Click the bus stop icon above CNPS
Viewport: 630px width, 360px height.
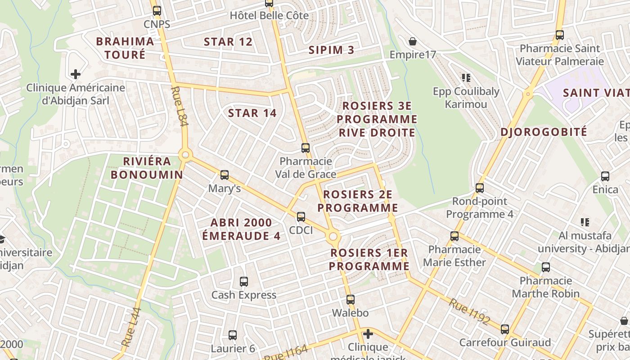point(157,11)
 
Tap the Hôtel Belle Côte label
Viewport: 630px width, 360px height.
point(269,16)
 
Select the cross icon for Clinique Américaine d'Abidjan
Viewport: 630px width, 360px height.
point(76,74)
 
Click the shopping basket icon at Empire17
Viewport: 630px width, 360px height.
point(413,42)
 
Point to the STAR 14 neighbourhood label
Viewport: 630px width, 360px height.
point(252,113)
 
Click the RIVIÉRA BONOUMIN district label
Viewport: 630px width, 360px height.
point(147,168)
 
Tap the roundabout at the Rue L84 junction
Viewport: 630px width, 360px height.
point(185,155)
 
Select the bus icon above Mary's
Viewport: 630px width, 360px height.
point(224,175)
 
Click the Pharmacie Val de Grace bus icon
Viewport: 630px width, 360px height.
point(305,148)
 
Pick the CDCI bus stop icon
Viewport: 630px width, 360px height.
point(301,217)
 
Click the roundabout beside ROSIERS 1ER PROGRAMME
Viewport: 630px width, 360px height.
point(333,236)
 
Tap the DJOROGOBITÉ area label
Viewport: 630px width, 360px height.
point(544,132)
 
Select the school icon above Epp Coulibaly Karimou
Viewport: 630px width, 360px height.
point(466,78)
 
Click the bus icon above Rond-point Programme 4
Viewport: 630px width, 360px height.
point(479,188)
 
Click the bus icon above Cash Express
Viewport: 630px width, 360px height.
point(243,282)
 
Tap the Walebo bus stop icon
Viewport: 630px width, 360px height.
point(350,299)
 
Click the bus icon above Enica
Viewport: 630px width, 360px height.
point(605,176)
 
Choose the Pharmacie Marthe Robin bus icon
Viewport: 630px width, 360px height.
point(545,267)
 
